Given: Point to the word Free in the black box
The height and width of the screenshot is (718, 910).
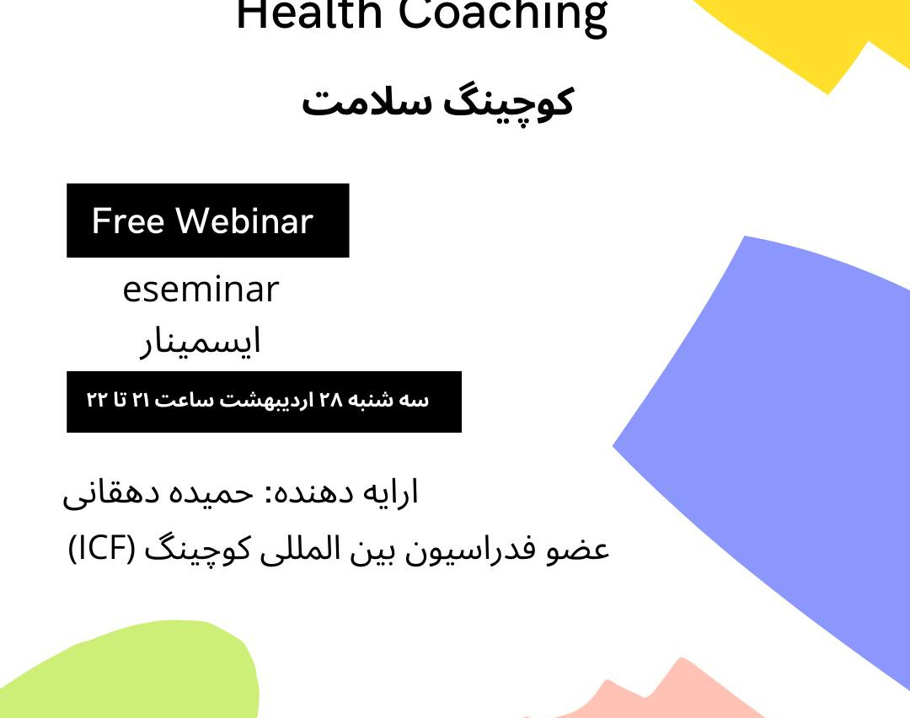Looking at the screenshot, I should click(x=127, y=221).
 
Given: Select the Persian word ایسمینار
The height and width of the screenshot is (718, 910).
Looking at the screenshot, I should click(x=201, y=341).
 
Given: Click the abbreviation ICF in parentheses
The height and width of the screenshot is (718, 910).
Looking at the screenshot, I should click(x=101, y=550).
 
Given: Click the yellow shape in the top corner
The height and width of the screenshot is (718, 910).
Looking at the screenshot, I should click(x=809, y=34).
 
